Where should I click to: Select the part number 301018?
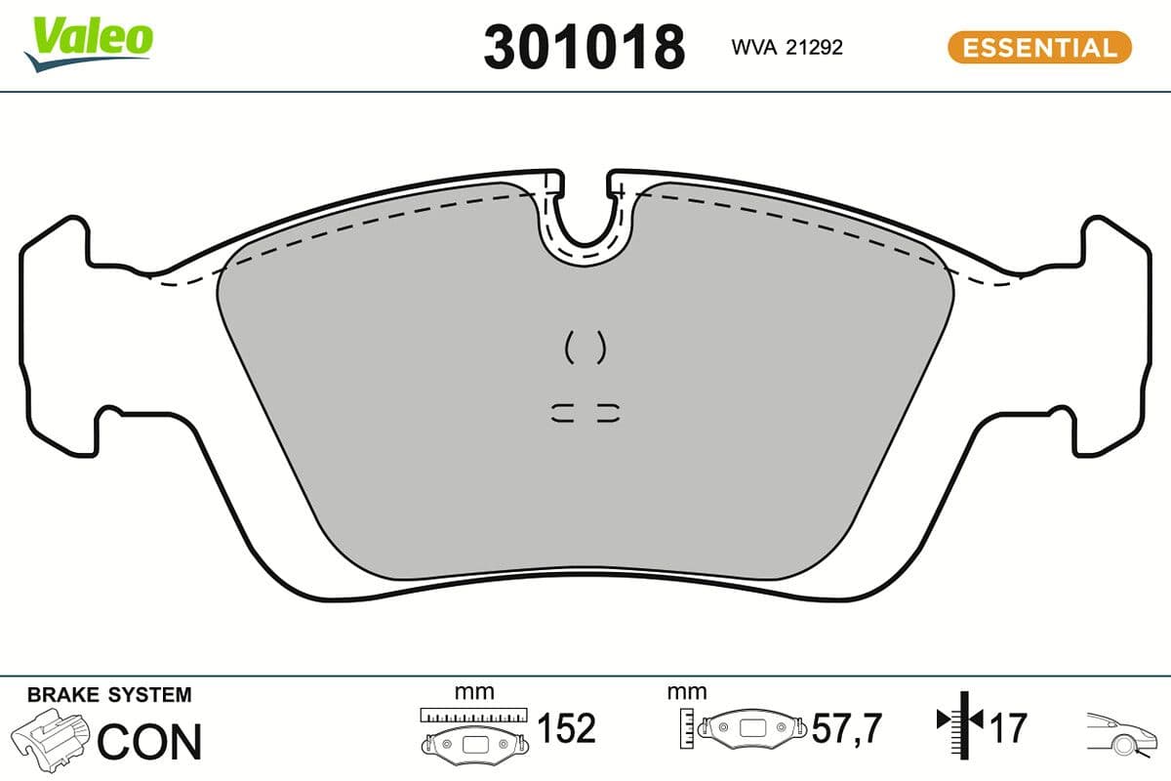point(584,47)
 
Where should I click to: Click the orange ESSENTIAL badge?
point(1039,47)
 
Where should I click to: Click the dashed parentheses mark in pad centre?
point(585,347)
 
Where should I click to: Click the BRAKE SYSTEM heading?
point(109,695)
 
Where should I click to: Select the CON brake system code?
point(149,742)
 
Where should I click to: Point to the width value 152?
point(566,728)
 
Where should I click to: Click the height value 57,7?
point(847,728)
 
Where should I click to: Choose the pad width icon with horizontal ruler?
point(473,732)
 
